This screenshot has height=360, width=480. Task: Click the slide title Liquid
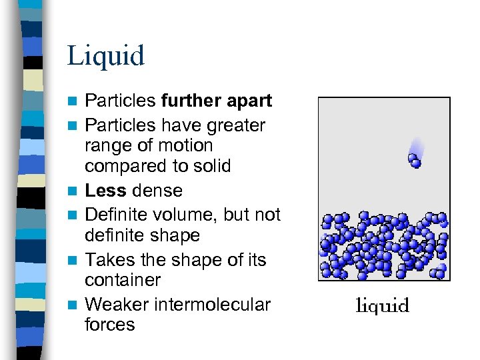click(x=105, y=56)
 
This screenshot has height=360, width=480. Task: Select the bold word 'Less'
click(x=105, y=191)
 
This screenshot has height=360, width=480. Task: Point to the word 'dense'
click(x=157, y=191)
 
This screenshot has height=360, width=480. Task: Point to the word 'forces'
click(x=109, y=325)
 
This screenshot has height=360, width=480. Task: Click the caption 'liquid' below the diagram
click(x=383, y=306)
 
